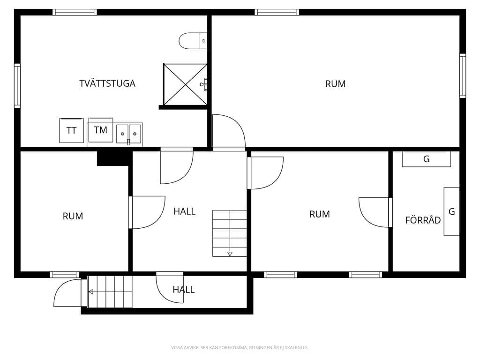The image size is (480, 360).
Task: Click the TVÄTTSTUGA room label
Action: pyautogui.click(x=107, y=83)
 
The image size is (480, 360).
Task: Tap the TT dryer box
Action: pyautogui.click(x=71, y=130)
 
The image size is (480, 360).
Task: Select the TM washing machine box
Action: pyautogui.click(x=101, y=130)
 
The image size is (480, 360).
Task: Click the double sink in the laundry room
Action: pyautogui.click(x=129, y=134)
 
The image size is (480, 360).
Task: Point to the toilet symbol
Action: pyautogui.click(x=193, y=41)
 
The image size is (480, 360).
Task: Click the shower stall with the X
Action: pyautogui.click(x=185, y=84)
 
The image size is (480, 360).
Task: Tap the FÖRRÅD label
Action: pyautogui.click(x=423, y=220)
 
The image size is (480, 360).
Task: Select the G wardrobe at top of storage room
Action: pyautogui.click(x=427, y=159)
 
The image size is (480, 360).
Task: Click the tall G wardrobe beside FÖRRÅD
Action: pyautogui.click(x=451, y=211)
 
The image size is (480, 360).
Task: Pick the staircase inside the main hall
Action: pyautogui.click(x=230, y=233)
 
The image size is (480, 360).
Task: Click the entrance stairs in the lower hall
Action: pyautogui.click(x=110, y=292)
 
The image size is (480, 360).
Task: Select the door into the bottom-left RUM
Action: pyautogui.click(x=147, y=212)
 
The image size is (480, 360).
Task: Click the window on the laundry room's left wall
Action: pyautogui.click(x=17, y=86)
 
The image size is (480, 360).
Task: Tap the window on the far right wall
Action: pyautogui.click(x=463, y=76)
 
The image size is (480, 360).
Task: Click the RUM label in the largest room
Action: pyautogui.click(x=336, y=84)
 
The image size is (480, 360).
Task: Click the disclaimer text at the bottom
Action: pyautogui.click(x=240, y=347)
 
